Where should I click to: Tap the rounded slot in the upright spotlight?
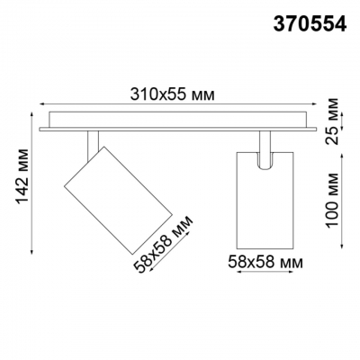pos(266,159)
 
